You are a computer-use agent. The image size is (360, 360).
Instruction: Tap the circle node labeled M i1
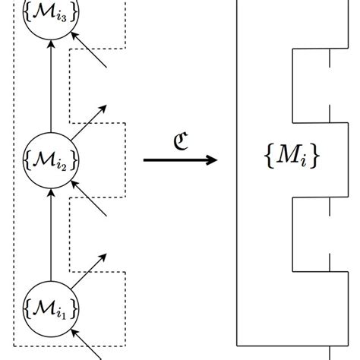[50, 307]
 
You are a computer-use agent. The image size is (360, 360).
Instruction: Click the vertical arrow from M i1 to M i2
[50, 235]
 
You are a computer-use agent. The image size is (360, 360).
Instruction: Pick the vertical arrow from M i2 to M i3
[50, 87]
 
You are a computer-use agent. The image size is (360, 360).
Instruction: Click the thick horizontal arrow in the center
[179, 159]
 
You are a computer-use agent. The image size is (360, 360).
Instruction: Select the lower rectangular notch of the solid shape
[311, 232]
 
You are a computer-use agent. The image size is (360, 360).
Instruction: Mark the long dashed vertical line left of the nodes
[14, 175]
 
